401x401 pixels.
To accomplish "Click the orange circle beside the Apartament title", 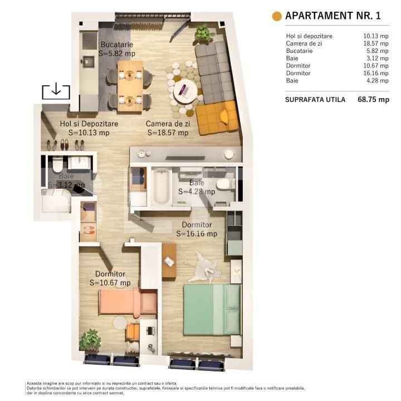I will coord(276,16).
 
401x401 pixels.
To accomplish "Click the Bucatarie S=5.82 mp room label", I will coord(117,50).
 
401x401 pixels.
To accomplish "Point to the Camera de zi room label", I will coord(168,128).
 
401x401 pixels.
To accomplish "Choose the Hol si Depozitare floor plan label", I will coord(89,128).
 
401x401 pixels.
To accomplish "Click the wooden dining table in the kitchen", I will coord(130,83).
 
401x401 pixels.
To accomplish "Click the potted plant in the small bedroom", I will coord(90,339).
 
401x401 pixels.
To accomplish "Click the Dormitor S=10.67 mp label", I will coord(110,278).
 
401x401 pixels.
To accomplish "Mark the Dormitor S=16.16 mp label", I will coord(197,229).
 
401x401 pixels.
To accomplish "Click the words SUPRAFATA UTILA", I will coord(315,100).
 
